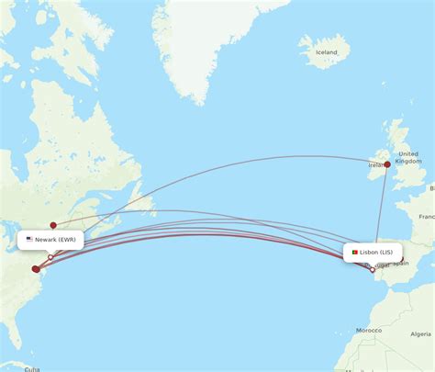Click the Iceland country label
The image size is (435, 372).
coord(326,52)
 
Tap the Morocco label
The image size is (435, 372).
coord(369,330)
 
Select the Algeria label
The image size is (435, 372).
coord(421,333)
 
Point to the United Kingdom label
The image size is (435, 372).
coord(408,157)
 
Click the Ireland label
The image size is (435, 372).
coord(376,165)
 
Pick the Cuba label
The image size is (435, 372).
coord(32,368)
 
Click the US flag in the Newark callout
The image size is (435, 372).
coord(29,240)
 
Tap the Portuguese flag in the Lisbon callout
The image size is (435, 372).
coord(352,251)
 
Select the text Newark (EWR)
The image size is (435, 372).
coord(58,240)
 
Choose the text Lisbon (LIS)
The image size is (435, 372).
coord(376,251)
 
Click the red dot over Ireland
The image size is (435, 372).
coord(387,165)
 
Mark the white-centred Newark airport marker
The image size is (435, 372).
coord(50,257)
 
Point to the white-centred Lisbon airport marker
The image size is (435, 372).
coord(372,270)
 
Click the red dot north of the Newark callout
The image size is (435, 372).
coord(53,225)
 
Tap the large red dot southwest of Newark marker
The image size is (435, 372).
coord(36,269)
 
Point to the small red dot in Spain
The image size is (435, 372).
coord(400,259)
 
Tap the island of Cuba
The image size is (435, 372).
coord(18,366)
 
